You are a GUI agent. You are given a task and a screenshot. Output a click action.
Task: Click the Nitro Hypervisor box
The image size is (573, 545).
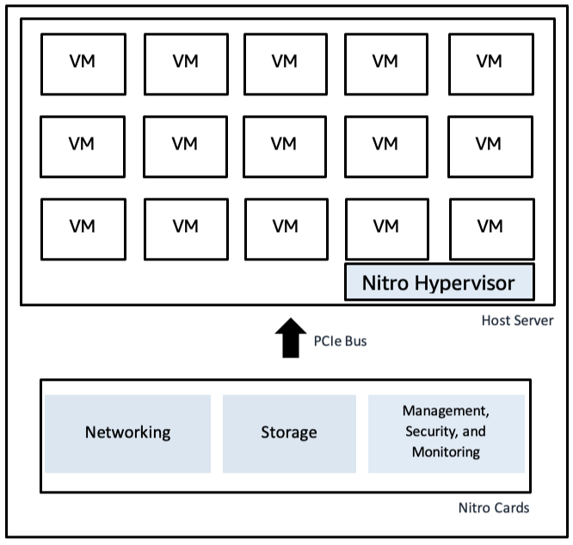(439, 283)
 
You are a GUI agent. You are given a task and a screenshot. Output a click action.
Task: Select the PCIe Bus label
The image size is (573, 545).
(338, 342)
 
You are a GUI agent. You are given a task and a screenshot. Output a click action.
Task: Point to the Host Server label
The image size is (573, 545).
(516, 321)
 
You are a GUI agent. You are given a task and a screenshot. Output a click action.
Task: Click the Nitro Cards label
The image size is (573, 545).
(493, 508)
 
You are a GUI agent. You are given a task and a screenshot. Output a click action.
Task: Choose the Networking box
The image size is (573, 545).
(127, 432)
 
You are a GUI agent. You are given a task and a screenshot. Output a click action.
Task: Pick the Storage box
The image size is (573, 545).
(288, 432)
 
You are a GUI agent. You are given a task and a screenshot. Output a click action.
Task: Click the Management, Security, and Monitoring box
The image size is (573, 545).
(446, 432)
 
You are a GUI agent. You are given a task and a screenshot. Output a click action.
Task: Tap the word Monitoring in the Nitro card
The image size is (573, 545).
(446, 452)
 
